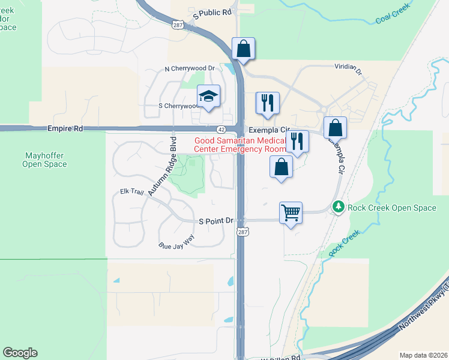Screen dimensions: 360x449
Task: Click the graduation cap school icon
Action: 209,97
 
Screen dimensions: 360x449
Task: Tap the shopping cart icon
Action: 291,213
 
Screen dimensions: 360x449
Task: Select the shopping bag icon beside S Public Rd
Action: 243,49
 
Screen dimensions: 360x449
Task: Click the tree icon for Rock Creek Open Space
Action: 339,208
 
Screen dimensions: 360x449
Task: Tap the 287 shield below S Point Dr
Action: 241,232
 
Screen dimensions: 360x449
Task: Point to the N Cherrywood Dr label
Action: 190,68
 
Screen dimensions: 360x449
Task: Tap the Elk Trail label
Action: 132,192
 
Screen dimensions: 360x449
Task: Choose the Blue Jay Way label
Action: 176,242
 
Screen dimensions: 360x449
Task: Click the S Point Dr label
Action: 216,221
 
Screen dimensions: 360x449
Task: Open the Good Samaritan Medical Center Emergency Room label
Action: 240,145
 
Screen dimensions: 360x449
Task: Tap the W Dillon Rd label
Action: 280,357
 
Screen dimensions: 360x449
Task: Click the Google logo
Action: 20,353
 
